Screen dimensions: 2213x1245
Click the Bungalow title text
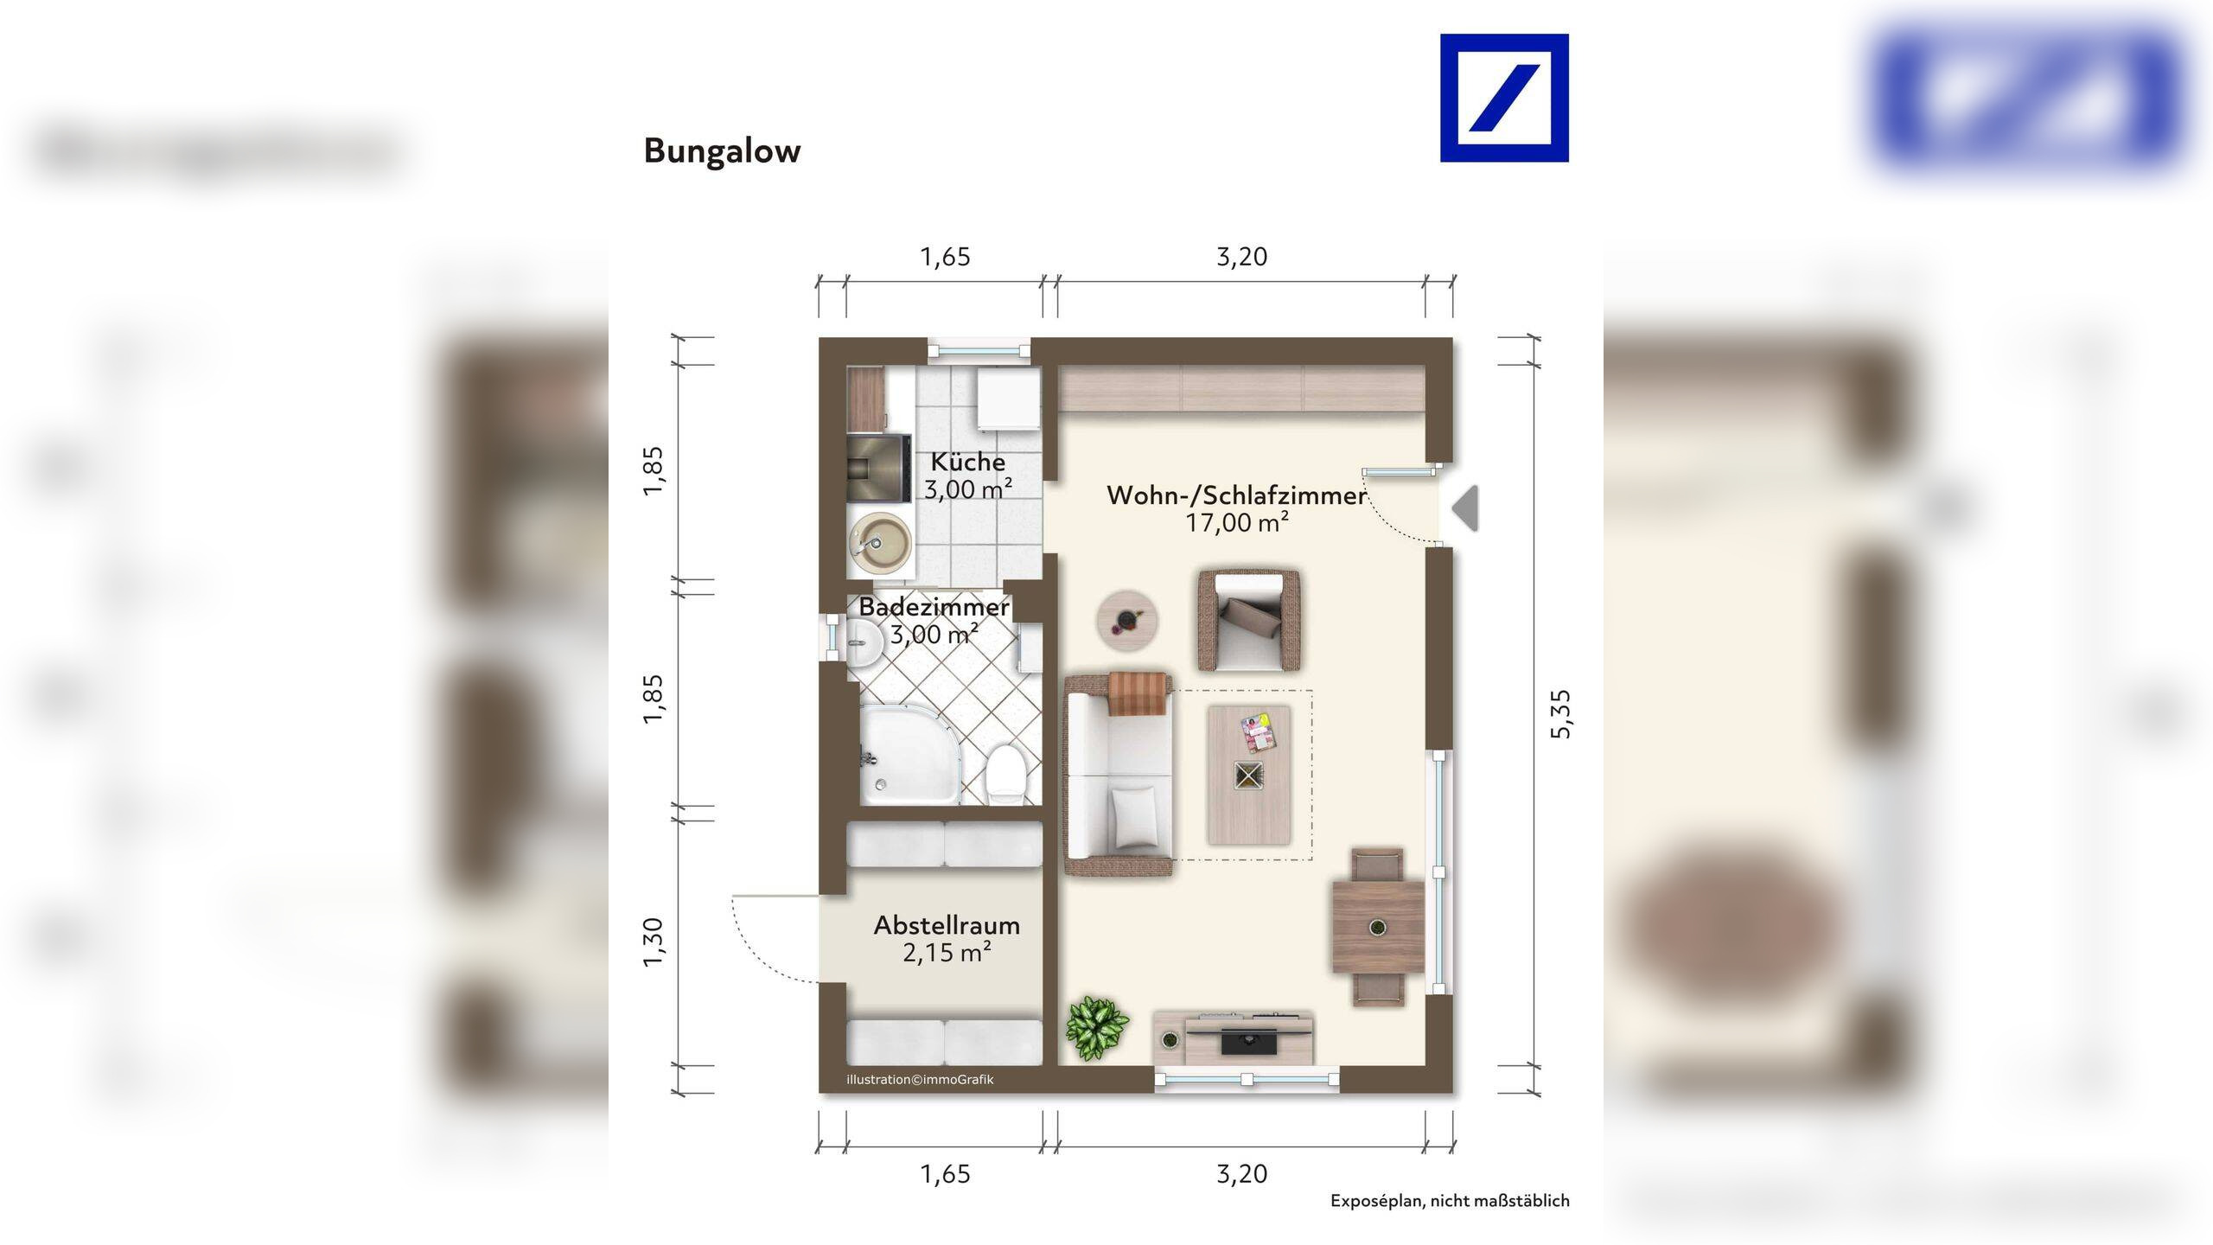[x=722, y=151]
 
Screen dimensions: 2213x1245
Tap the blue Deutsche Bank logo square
[x=1504, y=98]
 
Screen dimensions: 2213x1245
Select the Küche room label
[x=968, y=462]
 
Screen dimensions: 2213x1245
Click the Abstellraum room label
[x=947, y=925]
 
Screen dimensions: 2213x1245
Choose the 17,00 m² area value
[x=1237, y=522]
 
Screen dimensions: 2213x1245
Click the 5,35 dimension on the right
[x=1561, y=714]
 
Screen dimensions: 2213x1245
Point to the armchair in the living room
[x=1250, y=620]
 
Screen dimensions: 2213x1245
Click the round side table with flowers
[x=1127, y=621]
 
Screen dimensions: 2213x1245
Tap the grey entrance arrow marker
[x=1465, y=508]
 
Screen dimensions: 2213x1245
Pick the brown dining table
[x=1378, y=927]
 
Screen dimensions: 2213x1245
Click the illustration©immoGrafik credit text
[x=920, y=1080]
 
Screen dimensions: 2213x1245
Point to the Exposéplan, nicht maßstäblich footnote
[x=1450, y=1201]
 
